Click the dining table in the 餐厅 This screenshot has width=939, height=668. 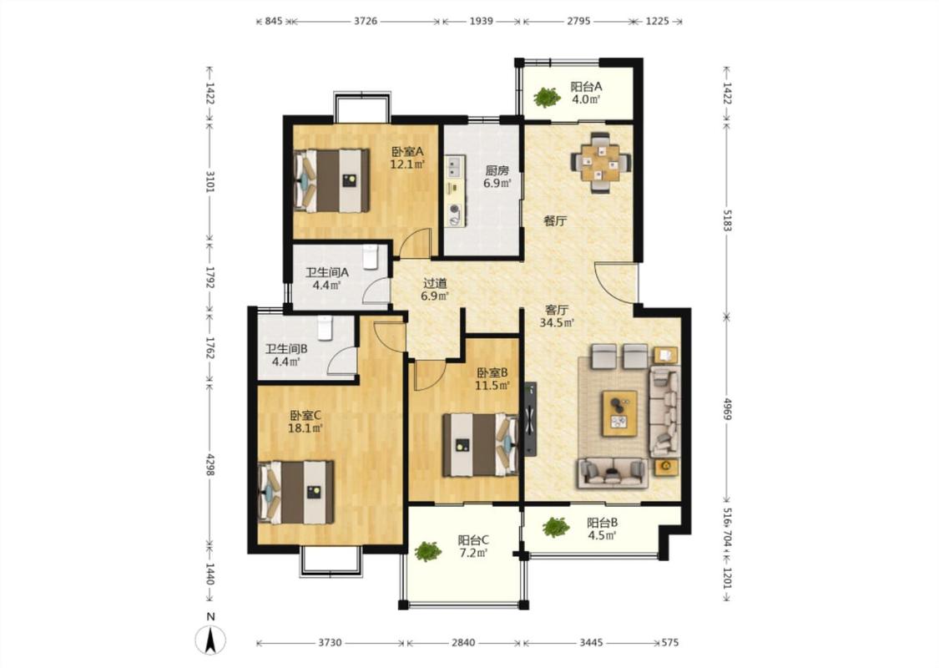pos(601,162)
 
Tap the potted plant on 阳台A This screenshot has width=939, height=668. pos(547,97)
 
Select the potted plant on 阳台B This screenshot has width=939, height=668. pos(556,527)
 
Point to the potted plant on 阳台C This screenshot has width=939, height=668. pos(427,551)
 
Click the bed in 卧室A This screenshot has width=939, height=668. pos(331,180)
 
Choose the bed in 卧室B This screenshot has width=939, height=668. pos(480,444)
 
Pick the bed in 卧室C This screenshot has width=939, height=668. pos(295,492)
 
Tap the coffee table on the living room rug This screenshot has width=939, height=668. pos(620,413)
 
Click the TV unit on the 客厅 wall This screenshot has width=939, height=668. pos(530,419)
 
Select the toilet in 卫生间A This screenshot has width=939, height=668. pos(371,256)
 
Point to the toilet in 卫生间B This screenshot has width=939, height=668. pos(325,327)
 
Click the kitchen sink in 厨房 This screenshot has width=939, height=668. pos(455,166)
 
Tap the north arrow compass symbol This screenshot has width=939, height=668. pos(211,640)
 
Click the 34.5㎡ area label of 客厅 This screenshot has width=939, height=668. pos(557,323)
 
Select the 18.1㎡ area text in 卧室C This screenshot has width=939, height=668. pos(305,428)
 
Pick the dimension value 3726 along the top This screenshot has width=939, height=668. pos(366,21)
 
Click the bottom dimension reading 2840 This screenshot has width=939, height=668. pos(463,643)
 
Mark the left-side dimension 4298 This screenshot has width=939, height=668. pos(210,464)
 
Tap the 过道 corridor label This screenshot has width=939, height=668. pos(435,283)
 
